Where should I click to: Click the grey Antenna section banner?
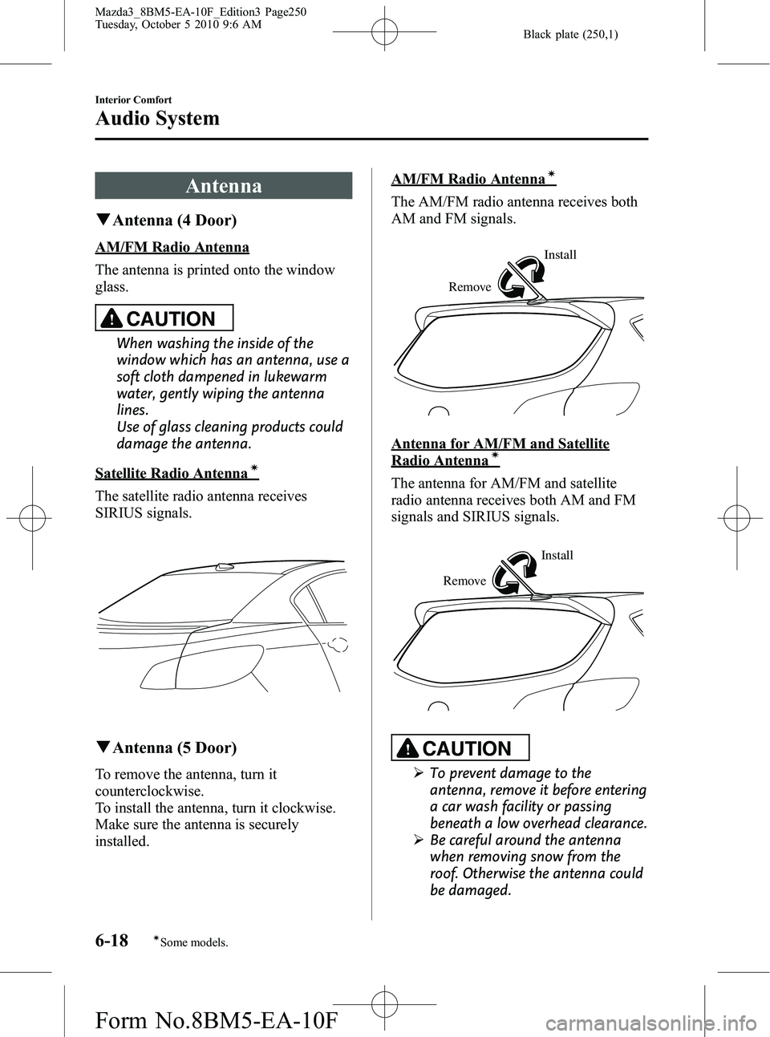[223, 186]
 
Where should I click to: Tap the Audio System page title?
[157, 119]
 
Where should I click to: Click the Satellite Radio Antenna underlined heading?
[171, 473]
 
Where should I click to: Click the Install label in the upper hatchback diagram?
[560, 255]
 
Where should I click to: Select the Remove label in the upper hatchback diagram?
[470, 287]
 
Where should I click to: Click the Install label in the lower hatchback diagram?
[557, 556]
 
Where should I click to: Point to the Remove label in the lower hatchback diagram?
[464, 581]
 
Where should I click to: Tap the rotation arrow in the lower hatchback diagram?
[514, 572]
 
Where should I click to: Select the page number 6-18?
[112, 941]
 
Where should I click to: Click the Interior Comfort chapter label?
[133, 100]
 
